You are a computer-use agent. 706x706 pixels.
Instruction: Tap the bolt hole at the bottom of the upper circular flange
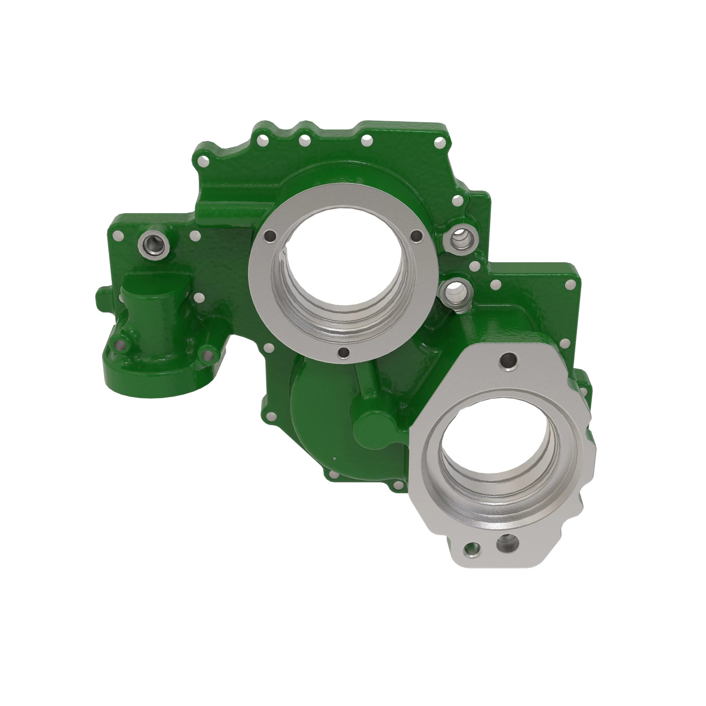343,352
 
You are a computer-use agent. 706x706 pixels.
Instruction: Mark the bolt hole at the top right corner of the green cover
440,142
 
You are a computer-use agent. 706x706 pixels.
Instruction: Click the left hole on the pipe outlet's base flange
119,344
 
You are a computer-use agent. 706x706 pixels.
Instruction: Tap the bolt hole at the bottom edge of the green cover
333,475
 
